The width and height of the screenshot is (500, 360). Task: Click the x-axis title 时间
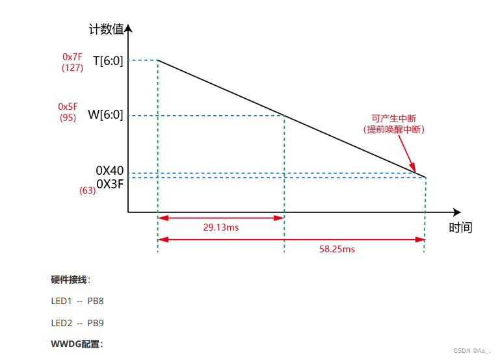(x=460, y=227)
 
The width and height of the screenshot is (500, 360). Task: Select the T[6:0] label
(x=108, y=60)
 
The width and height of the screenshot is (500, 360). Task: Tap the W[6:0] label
(x=105, y=115)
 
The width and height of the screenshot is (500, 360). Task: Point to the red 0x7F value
(x=72, y=57)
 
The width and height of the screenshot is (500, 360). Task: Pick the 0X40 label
(x=109, y=171)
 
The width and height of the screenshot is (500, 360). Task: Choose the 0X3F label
(x=110, y=183)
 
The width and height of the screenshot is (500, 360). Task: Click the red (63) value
(x=88, y=190)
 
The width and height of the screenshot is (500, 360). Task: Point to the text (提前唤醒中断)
(x=393, y=129)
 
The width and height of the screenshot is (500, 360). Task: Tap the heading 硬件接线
(x=70, y=279)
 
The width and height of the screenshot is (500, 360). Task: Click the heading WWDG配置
(x=77, y=344)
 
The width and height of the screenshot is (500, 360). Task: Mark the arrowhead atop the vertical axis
(x=128, y=29)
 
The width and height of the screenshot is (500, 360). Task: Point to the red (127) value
(x=72, y=68)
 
